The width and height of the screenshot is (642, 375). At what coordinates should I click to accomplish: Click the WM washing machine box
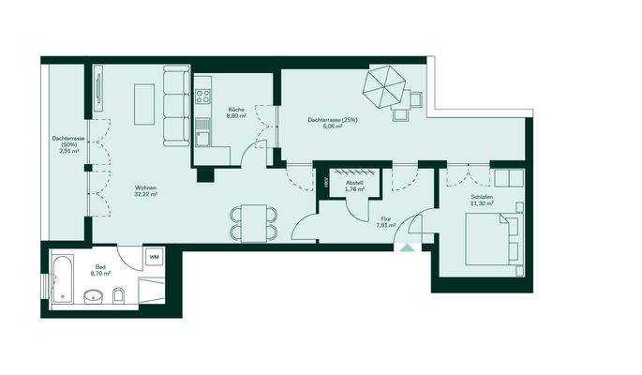pos(153,257)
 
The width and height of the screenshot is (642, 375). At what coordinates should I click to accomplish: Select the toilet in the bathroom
pos(119,296)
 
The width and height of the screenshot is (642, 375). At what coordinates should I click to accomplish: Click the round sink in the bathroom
pos(91,298)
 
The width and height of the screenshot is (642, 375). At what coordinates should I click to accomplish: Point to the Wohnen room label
pos(144,187)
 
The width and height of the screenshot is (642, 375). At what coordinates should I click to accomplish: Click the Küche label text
pos(236,110)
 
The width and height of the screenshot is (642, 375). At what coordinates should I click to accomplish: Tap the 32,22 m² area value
pos(144,195)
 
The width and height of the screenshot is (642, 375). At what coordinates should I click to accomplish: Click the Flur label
pos(384,218)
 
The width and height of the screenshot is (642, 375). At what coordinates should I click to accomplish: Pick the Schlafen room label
pos(482,196)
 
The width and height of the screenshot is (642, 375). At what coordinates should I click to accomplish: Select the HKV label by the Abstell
pos(326,183)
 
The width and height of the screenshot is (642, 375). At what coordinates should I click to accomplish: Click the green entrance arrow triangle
pos(406,247)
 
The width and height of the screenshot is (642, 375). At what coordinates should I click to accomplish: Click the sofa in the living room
pos(174,105)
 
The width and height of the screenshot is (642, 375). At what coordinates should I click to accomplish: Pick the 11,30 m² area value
pos(482,203)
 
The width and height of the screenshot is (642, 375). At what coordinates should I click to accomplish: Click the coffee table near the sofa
pos(145,103)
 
